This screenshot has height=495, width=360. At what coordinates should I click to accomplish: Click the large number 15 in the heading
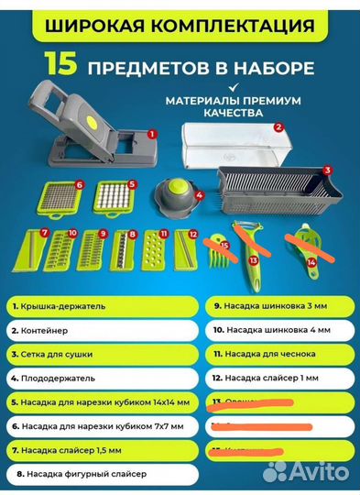(x=60, y=66)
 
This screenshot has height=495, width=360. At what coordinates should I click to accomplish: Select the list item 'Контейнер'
(x=92, y=327)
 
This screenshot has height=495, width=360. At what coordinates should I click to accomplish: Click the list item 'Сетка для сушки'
(x=92, y=352)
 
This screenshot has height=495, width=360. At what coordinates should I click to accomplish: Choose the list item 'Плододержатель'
(x=92, y=376)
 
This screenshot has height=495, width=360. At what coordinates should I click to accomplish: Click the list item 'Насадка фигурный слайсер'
(x=92, y=474)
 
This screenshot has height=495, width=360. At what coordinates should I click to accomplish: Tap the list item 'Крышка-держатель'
(x=92, y=303)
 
